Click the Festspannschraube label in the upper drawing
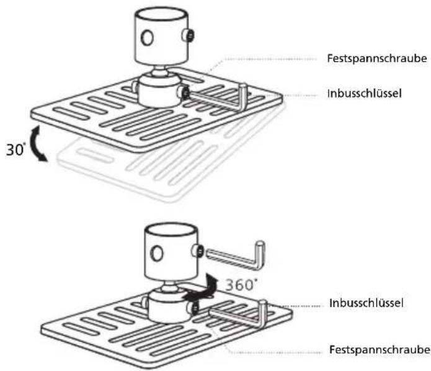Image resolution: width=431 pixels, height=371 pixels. [x=377, y=58]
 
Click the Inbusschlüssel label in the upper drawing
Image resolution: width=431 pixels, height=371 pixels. [x=364, y=94]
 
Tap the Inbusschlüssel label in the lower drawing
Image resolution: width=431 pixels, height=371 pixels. [x=367, y=303]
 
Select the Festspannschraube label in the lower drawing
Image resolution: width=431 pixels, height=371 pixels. [x=380, y=350]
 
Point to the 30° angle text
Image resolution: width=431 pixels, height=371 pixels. [x=15, y=150]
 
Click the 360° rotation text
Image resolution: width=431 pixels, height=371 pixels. [x=241, y=284]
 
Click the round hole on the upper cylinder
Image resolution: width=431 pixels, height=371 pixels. [x=147, y=37]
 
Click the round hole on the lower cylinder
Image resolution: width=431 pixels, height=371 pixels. [x=158, y=253]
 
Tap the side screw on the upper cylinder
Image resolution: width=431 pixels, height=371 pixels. [x=189, y=35]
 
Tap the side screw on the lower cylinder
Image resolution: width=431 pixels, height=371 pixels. [x=198, y=251]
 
